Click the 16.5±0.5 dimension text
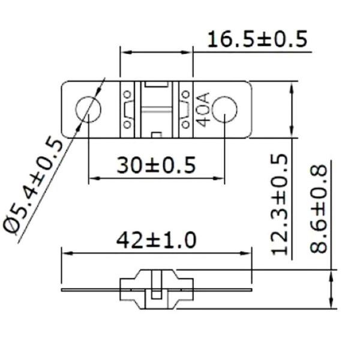coord(257,39)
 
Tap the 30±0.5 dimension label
coord(156,165)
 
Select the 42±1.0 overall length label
coord(157,240)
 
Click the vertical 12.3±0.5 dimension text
coord(280,205)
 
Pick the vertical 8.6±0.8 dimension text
coord(319,208)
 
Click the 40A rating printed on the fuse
coord(203,110)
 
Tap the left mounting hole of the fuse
coord(88,110)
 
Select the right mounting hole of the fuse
coord(224,110)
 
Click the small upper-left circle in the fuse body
coord(127,94)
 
